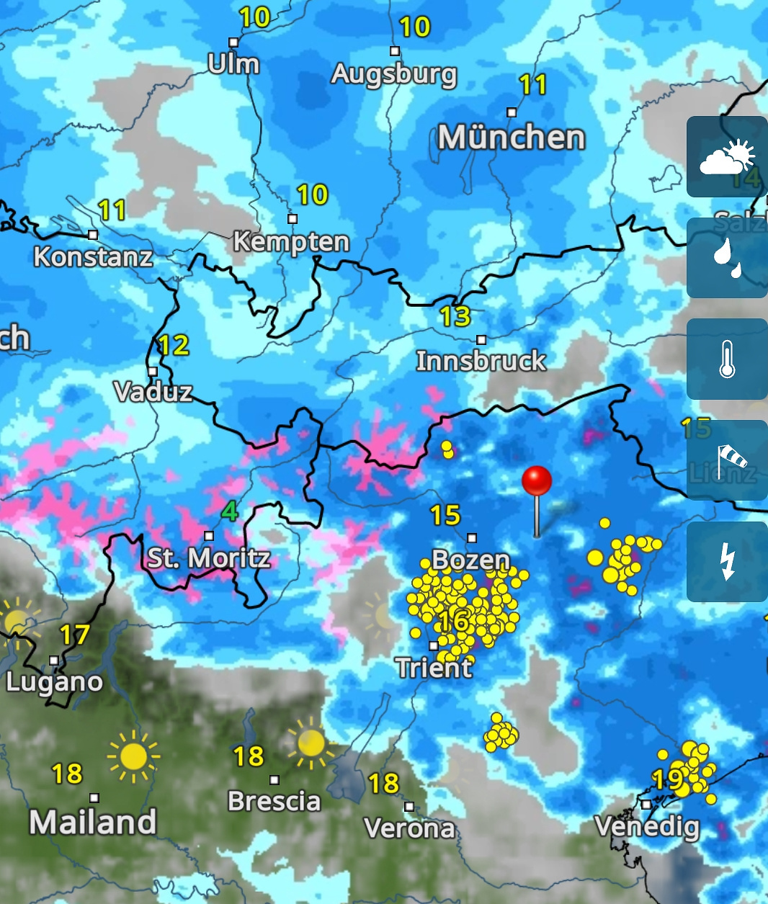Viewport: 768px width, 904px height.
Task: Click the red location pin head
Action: click(x=537, y=480)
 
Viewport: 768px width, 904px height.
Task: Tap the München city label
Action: click(x=511, y=138)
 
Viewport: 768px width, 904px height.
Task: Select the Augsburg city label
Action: click(x=394, y=73)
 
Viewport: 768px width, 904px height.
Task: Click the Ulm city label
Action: click(x=233, y=64)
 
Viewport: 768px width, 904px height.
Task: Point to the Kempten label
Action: click(x=291, y=242)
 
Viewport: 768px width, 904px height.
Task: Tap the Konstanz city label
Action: click(x=93, y=257)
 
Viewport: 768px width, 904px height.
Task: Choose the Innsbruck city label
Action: click(x=481, y=361)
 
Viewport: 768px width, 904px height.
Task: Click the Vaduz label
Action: click(x=153, y=392)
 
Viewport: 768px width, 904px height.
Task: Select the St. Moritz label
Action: click(x=209, y=558)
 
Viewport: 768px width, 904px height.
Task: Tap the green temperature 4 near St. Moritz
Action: click(x=229, y=512)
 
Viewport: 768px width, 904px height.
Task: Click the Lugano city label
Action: click(x=54, y=681)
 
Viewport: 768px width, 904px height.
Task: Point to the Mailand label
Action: click(x=93, y=822)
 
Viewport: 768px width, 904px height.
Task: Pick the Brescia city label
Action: click(x=274, y=801)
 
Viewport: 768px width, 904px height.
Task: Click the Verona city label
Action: click(x=409, y=828)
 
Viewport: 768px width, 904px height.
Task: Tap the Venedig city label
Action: click(x=647, y=826)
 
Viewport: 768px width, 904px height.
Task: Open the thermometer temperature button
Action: click(x=727, y=359)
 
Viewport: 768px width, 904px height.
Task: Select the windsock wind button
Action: click(x=727, y=460)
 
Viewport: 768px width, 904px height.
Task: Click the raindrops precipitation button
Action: click(x=727, y=258)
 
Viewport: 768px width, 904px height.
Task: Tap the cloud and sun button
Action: click(x=727, y=157)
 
